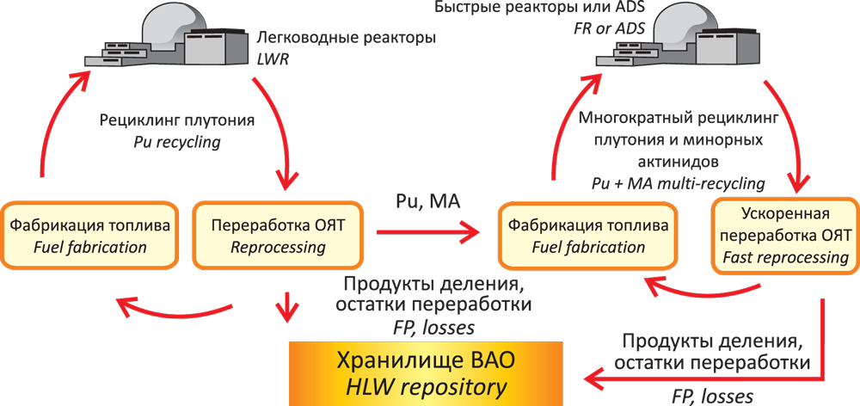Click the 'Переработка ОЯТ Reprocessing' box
click(x=278, y=236)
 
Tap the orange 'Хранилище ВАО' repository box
click(x=427, y=373)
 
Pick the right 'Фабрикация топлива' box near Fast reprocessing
click(x=588, y=236)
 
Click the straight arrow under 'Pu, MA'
click(x=427, y=234)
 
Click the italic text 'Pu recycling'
click(x=176, y=142)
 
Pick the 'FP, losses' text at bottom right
click(x=712, y=397)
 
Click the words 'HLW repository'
click(x=427, y=389)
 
